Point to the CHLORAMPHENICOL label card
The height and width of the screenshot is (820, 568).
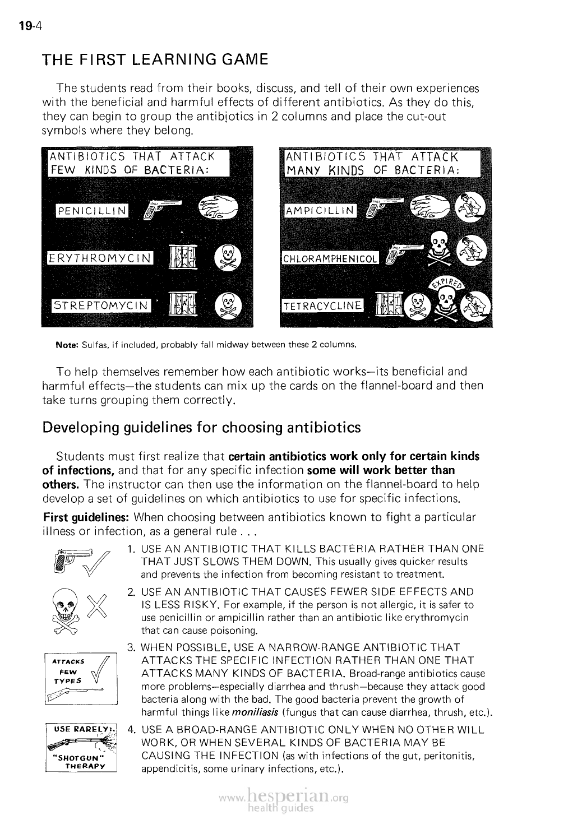[329, 259]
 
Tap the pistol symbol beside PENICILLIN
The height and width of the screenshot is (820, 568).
[161, 209]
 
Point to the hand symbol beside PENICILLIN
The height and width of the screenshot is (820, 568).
[219, 207]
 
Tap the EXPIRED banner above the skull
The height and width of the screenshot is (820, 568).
[448, 282]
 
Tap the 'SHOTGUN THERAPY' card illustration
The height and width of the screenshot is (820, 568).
[80, 748]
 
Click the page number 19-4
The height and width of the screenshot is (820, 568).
[26, 26]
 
